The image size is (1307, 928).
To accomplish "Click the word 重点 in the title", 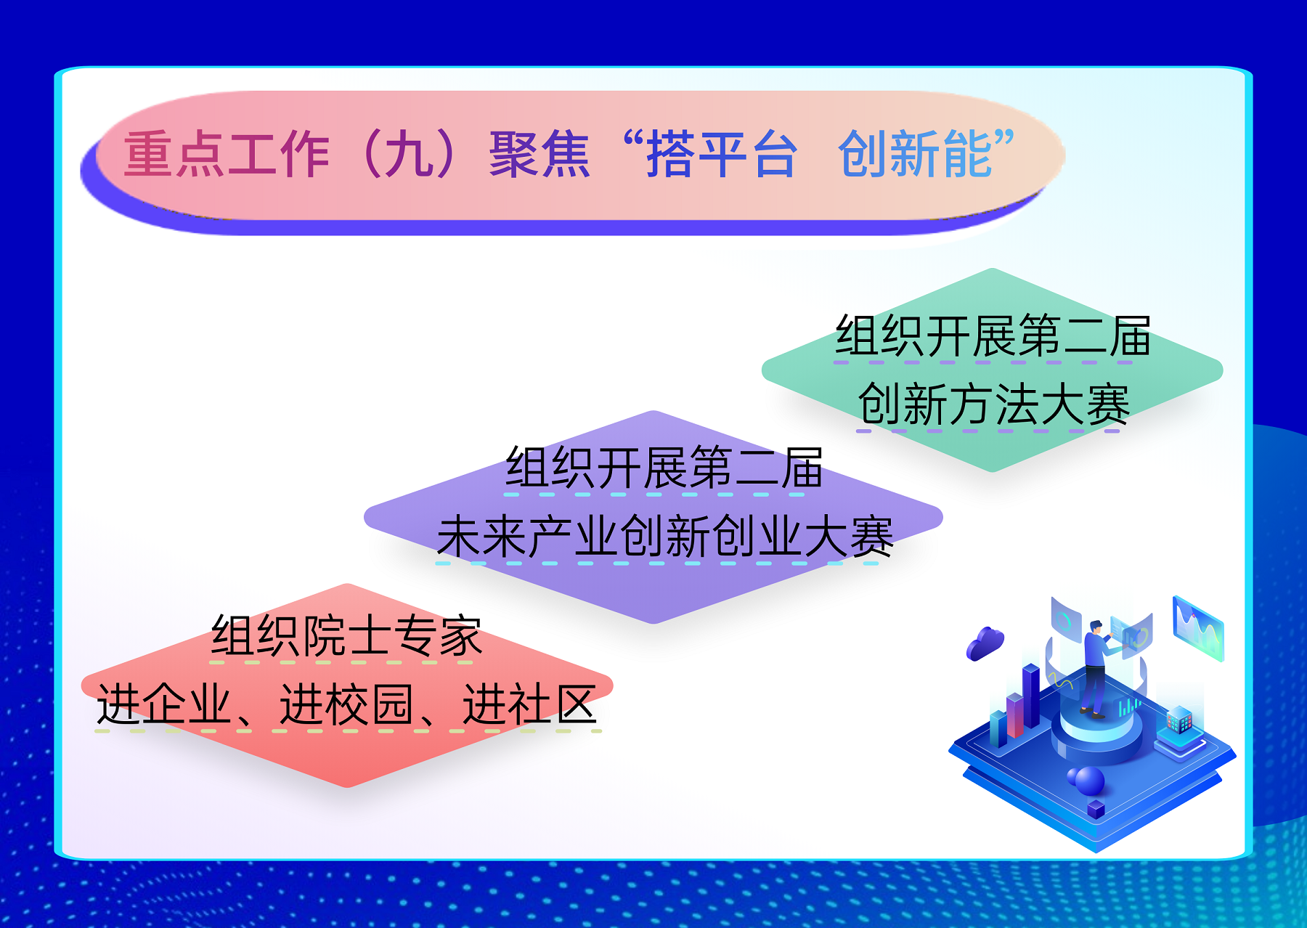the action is tap(174, 154).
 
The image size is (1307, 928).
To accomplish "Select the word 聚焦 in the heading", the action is tap(540, 154).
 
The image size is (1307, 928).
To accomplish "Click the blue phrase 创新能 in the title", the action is tap(915, 154).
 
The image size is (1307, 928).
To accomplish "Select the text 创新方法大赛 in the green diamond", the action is tap(993, 404).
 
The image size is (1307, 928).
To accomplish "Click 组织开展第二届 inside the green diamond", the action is tap(993, 335).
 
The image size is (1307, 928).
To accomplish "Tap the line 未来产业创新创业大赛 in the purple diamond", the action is tap(665, 537).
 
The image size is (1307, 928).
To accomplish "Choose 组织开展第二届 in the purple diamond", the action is tap(664, 468).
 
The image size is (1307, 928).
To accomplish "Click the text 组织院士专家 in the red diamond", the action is tap(346, 636).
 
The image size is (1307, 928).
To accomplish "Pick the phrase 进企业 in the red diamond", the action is tap(165, 704).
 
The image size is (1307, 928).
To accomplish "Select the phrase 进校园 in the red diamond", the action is tap(347, 704).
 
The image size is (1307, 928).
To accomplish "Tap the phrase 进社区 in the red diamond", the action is tap(529, 704).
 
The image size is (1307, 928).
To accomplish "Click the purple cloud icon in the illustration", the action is tap(985, 643).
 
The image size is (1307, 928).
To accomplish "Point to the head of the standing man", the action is tap(1096, 627).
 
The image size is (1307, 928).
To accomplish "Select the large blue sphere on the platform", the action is tap(1089, 781).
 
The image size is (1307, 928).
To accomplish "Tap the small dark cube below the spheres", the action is tap(1096, 809).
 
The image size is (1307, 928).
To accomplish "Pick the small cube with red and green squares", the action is tap(1179, 720).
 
